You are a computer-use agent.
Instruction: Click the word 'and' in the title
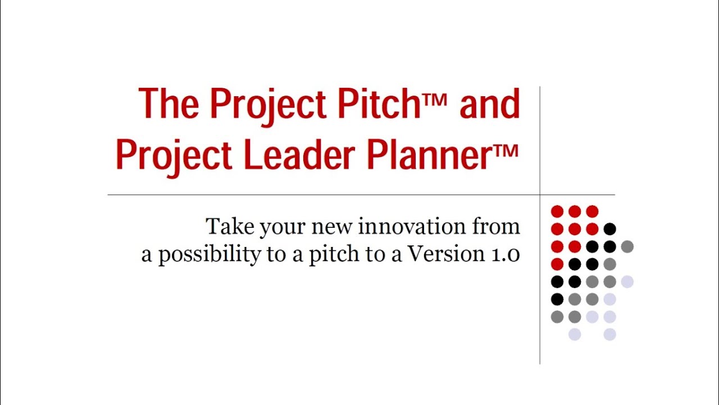point(489,104)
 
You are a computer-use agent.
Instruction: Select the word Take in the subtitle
point(226,226)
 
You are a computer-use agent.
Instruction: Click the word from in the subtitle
point(497,226)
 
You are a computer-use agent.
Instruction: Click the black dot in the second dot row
point(609,229)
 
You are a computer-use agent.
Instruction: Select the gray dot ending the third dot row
point(627,246)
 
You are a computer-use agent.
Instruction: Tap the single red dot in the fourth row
point(557,264)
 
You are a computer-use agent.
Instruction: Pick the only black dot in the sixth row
point(557,299)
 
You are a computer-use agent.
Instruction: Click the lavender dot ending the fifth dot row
point(627,282)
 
